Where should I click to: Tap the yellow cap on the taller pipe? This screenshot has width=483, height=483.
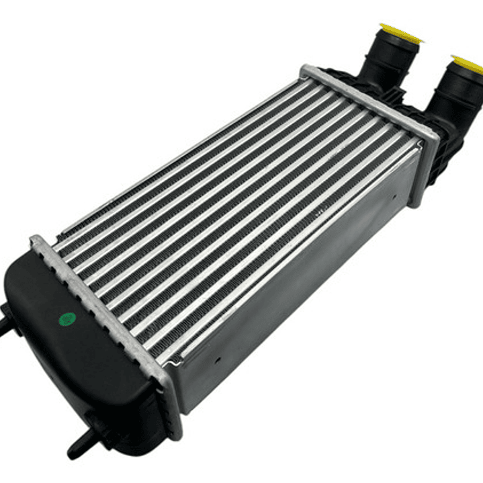400,32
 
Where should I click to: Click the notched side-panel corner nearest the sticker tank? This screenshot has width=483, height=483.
176,366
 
